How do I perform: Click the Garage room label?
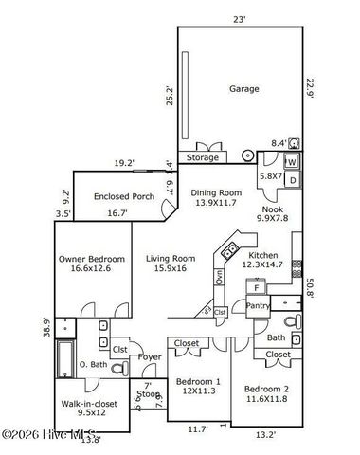243,88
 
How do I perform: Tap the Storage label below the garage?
202,157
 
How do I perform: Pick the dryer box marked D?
293,179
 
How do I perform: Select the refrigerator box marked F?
256,288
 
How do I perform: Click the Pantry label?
258,306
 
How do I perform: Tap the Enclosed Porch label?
124,197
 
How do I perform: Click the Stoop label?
148,393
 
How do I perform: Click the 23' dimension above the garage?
241,18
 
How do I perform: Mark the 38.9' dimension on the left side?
47,328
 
